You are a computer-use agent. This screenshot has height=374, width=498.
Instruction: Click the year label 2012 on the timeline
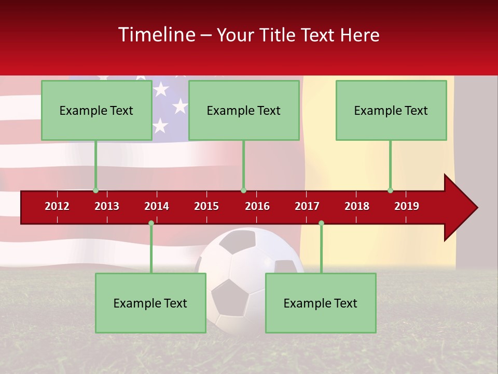pyautogui.click(x=57, y=206)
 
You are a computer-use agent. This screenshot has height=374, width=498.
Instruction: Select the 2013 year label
pyautogui.click(x=107, y=206)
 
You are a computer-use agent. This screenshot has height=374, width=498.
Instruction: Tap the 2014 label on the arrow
pyautogui.click(x=157, y=206)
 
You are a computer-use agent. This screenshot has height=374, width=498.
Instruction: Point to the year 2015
pyautogui.click(x=206, y=206)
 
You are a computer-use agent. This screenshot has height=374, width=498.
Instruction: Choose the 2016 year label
pyautogui.click(x=257, y=206)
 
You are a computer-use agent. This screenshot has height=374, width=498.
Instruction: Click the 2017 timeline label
pyautogui.click(x=307, y=206)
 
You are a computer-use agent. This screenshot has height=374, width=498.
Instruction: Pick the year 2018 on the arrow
pyautogui.click(x=357, y=206)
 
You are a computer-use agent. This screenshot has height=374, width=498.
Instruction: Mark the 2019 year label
pyautogui.click(x=407, y=206)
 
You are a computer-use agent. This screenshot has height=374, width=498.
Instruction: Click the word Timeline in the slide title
pyautogui.click(x=156, y=35)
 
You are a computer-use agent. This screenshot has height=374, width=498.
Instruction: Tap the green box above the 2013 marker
pyautogui.click(x=96, y=110)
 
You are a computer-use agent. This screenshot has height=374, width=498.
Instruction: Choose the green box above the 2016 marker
pyautogui.click(x=244, y=110)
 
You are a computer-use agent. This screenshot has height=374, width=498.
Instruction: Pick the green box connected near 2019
pyautogui.click(x=391, y=110)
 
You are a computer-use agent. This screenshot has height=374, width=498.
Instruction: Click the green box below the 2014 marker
pyautogui.click(x=150, y=303)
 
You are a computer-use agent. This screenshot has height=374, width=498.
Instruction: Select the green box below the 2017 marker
pyautogui.click(x=321, y=303)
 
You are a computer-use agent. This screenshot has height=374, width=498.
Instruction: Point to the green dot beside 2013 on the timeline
pyautogui.click(x=95, y=191)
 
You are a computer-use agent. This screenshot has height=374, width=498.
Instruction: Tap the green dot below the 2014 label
pyautogui.click(x=151, y=223)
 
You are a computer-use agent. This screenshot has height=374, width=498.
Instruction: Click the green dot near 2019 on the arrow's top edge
pyautogui.click(x=390, y=191)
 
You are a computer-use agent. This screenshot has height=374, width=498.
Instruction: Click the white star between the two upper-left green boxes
pyautogui.click(x=179, y=106)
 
